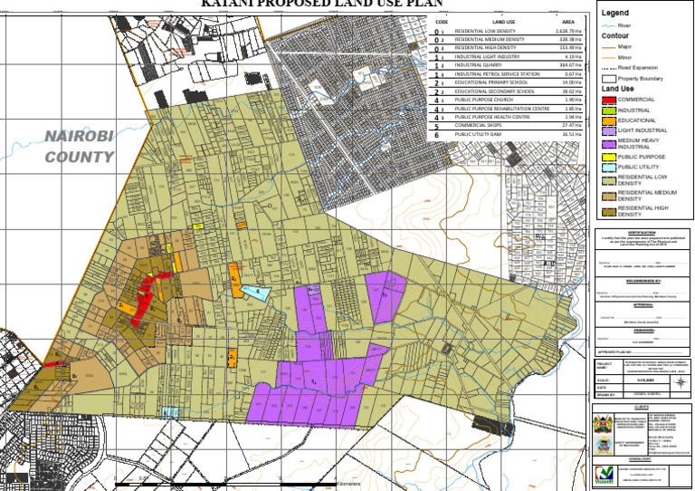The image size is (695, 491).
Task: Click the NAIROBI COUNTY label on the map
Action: tap(81, 146)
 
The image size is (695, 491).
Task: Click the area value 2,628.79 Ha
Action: tap(569, 32)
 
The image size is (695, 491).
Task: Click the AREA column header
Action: tap(568, 20)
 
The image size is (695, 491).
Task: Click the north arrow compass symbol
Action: tap(681, 381)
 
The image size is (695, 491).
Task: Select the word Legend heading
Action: tap(615, 13)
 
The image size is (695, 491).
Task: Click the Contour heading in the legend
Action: tap(615, 36)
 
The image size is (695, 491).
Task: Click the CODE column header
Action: tap(442, 20)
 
